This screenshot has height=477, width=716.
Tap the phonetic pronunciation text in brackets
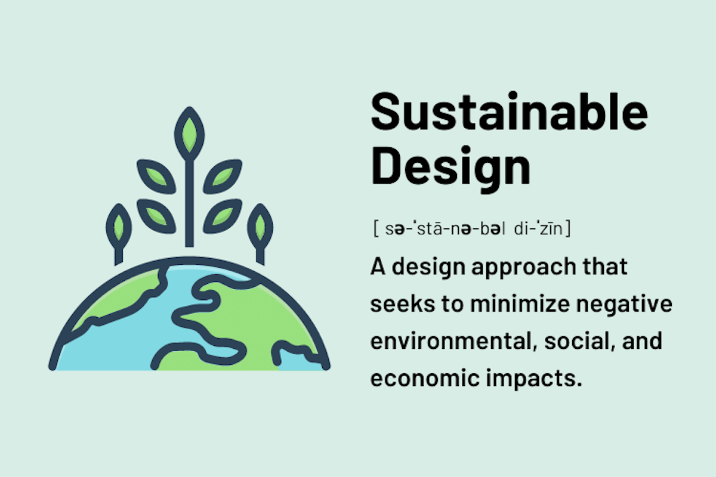point(471,228)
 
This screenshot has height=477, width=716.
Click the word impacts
point(539,379)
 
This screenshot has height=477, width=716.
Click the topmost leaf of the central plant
point(190,134)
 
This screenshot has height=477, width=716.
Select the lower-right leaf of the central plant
point(223,215)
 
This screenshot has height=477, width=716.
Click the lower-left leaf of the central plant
point(156,215)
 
